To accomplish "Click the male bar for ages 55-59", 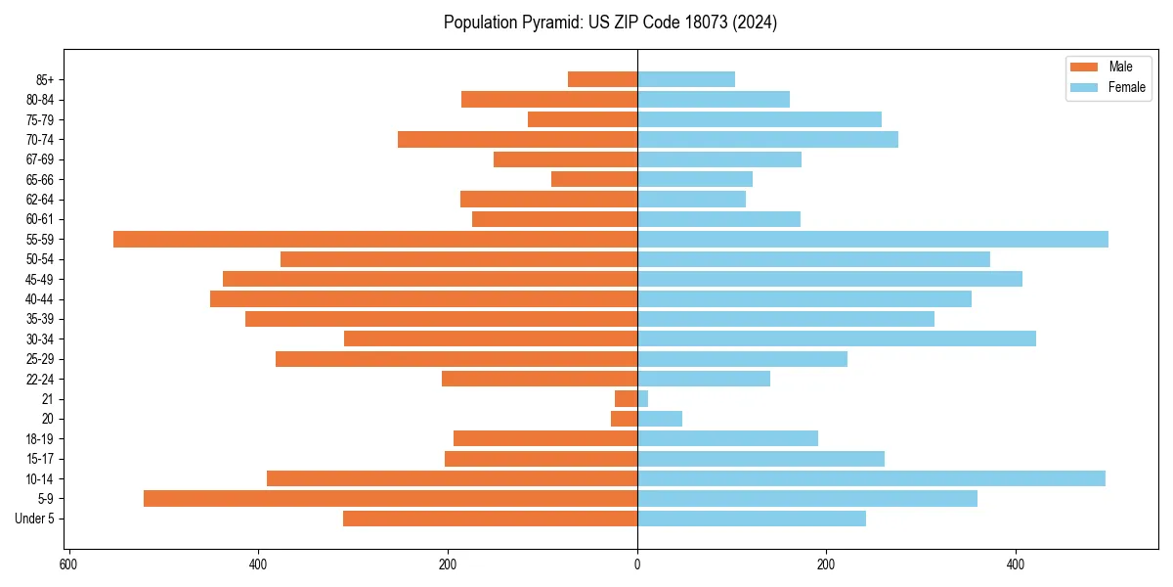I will click(375, 240).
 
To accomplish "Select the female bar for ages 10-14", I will click(871, 478).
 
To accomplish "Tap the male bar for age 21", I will click(626, 399).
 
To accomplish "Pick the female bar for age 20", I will click(660, 419).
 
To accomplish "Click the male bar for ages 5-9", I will click(390, 499).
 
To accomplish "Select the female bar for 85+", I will click(686, 80).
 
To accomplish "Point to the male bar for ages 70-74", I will click(517, 140).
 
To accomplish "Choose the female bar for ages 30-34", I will click(837, 339).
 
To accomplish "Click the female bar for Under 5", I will click(752, 519).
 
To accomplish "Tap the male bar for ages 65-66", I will click(594, 180).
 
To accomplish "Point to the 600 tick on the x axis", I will click(68, 564).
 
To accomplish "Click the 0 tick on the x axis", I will click(637, 564).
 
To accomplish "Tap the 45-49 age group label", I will click(41, 280).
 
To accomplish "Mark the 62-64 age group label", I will click(41, 200).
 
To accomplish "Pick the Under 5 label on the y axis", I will click(35, 519).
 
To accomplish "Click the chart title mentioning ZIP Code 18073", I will click(610, 23).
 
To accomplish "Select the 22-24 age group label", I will click(41, 380).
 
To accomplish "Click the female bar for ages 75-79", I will click(760, 119).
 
